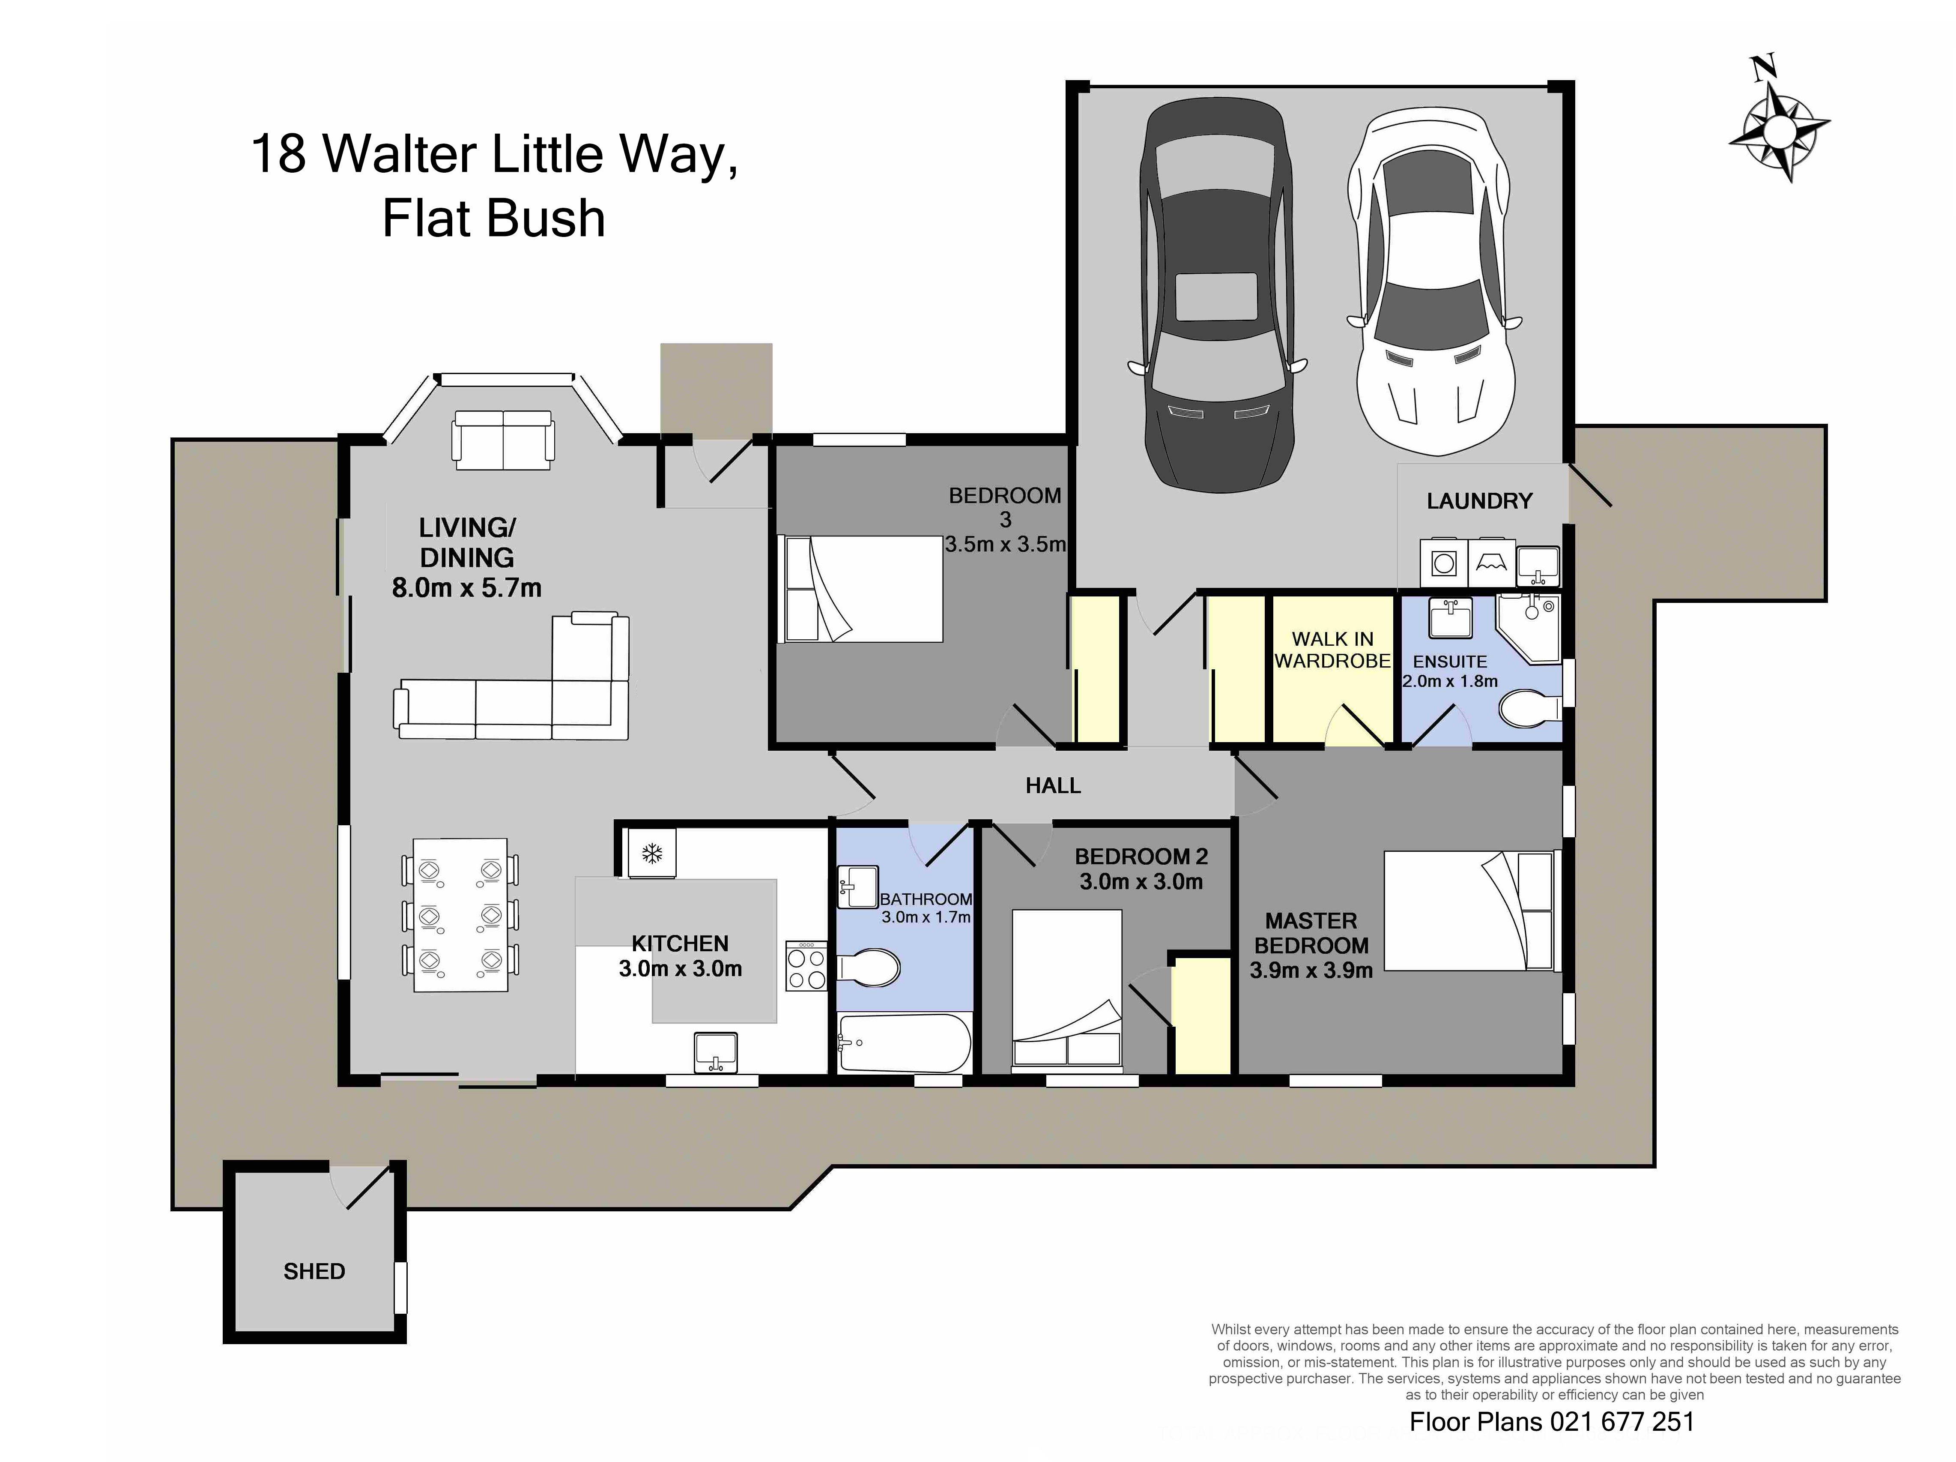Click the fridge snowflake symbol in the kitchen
click(x=652, y=854)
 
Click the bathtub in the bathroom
click(x=904, y=1044)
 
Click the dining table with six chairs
click(x=460, y=914)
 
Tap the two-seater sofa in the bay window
click(x=503, y=440)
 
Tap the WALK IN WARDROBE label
click(x=1332, y=649)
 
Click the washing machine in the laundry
click(x=1443, y=563)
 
